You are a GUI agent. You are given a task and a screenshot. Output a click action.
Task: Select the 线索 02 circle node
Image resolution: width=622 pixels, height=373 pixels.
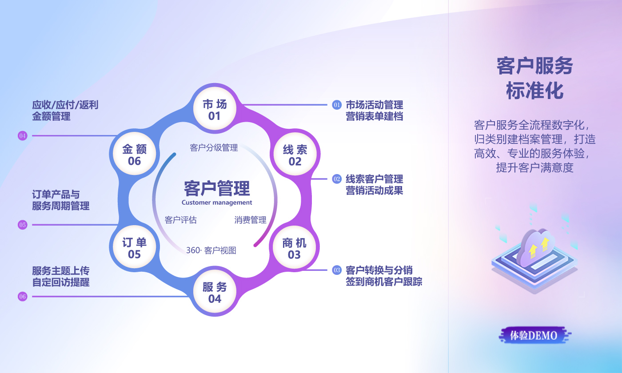[x=295, y=154]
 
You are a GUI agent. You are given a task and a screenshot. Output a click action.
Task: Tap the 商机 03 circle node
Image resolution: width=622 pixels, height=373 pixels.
[x=294, y=247]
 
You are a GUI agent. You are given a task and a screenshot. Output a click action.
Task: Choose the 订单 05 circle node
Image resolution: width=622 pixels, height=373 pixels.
[x=134, y=247]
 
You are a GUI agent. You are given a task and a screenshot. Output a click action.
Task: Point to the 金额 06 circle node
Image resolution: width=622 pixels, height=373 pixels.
[x=134, y=154]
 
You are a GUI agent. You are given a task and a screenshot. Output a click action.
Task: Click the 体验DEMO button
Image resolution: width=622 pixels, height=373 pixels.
[x=534, y=335]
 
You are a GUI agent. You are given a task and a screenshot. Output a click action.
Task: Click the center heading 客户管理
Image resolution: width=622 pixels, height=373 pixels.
[x=217, y=188]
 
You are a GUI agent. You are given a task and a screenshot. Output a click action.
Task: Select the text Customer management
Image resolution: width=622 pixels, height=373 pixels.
[x=217, y=202]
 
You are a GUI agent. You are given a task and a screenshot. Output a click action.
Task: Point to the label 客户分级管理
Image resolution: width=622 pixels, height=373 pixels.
[x=214, y=147]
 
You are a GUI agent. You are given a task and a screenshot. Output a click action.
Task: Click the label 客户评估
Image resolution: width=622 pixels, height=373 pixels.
[x=181, y=220]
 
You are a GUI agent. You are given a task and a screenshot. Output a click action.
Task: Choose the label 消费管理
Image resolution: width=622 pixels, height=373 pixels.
[x=251, y=220]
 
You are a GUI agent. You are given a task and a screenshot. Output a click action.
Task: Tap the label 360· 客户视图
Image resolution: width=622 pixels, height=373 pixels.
[x=211, y=250]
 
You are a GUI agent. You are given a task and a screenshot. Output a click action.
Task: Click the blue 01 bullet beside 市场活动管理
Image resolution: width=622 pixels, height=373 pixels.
[x=337, y=105]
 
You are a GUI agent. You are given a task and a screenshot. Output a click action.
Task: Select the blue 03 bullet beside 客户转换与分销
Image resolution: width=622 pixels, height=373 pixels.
[x=337, y=270]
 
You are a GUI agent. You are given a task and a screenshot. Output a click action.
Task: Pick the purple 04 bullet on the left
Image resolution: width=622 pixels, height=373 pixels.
[x=23, y=136]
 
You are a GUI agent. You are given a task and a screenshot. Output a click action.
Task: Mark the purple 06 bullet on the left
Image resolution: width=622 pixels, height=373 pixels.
[x=23, y=297]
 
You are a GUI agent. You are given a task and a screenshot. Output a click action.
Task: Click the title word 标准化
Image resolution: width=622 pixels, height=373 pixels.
[x=535, y=91]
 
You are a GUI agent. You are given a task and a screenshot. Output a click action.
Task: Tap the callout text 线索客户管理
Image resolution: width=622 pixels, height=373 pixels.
[x=374, y=179]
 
